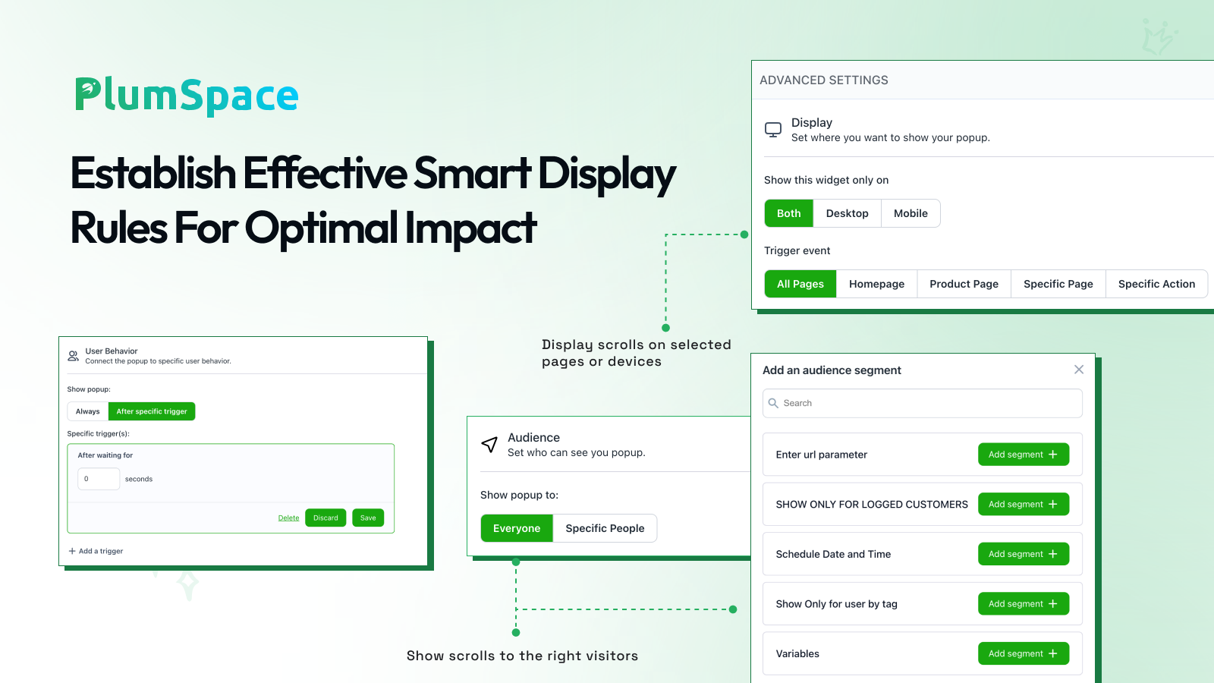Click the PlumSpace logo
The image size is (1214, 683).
[187, 96]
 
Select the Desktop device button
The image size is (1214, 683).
[847, 213]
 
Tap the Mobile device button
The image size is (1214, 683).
[910, 213]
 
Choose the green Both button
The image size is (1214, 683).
[788, 213]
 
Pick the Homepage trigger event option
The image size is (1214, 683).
[876, 284]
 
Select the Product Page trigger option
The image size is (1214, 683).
[964, 284]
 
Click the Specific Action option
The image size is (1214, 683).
[1156, 284]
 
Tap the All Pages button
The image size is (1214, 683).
[800, 284]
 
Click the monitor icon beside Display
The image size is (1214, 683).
[773, 130]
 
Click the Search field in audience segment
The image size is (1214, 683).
[922, 403]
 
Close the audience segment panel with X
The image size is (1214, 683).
[1078, 370]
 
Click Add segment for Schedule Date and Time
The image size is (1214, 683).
[1024, 554]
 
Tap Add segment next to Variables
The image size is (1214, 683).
[1024, 653]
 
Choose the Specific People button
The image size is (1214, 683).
[605, 528]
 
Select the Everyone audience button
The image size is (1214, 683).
[517, 528]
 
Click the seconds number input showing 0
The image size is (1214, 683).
[99, 479]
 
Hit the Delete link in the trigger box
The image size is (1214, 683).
[288, 518]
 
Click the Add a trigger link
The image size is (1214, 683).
[96, 551]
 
